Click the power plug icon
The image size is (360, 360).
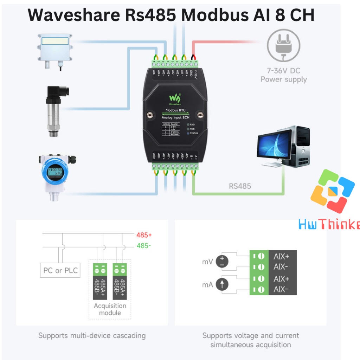(283, 45)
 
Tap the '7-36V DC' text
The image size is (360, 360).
(283, 71)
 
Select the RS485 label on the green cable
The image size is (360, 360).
(240, 186)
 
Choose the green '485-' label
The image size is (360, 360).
(143, 246)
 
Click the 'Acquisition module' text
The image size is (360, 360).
(110, 309)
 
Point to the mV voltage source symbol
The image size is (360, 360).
(222, 261)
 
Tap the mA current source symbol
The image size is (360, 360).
(222, 284)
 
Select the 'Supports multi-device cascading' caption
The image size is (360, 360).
(92, 335)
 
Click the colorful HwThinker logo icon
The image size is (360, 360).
(332, 192)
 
